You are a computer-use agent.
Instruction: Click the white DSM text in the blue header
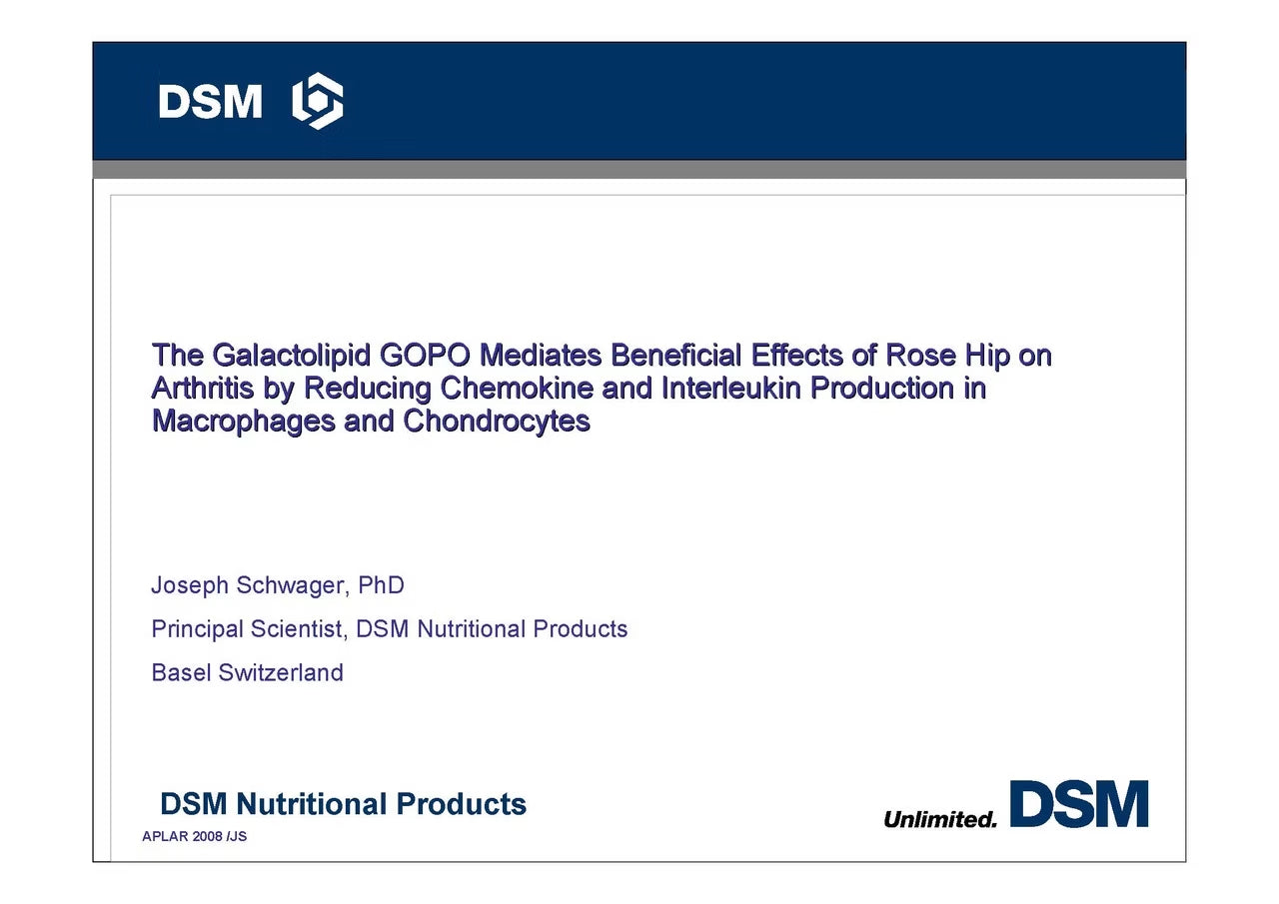210,102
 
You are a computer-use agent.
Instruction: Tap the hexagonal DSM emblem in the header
318,101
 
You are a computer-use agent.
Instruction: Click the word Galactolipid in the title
291,356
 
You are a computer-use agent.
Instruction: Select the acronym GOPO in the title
425,355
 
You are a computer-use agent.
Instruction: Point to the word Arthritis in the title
203,389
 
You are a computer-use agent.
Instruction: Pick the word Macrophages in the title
243,423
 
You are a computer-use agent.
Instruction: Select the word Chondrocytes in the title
497,423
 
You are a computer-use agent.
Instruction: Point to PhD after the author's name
381,585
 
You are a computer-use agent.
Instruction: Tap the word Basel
181,673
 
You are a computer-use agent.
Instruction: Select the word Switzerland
281,673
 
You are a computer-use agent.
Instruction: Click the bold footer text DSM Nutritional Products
343,804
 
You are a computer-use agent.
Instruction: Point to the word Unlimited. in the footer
940,819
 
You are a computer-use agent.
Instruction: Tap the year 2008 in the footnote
207,836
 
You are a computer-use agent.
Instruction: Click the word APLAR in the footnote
165,836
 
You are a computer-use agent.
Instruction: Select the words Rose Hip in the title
948,356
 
